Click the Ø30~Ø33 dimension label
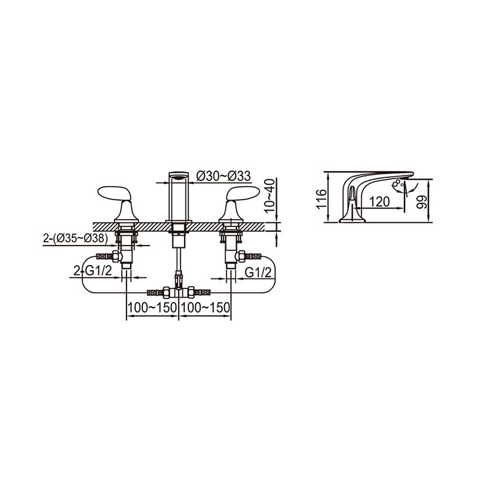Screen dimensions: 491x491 coord(223,176)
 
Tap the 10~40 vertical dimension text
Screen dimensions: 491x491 coord(270,196)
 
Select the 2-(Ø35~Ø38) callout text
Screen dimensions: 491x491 coord(75,239)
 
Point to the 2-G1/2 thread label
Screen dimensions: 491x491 coord(93,271)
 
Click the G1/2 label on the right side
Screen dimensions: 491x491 coord(258,273)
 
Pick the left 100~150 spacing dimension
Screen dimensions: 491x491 coord(152,307)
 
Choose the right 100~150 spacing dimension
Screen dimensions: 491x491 coord(206,307)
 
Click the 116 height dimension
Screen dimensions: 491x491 coord(321,199)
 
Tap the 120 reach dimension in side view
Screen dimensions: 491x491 coord(379,202)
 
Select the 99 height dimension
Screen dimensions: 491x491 coord(422,203)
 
